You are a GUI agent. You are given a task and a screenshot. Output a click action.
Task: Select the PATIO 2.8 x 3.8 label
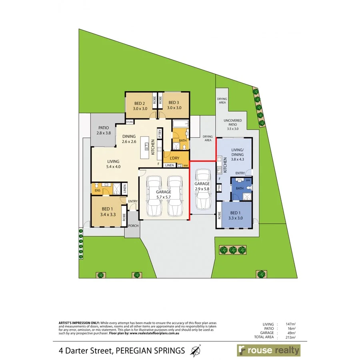[103, 130]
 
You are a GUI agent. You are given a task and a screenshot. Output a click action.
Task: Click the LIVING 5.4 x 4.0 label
[114, 164]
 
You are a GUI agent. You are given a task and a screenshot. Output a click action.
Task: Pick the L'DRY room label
[174, 158]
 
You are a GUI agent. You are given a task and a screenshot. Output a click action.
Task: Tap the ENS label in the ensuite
[96, 191]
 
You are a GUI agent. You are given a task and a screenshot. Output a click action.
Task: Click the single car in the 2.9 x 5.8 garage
[203, 189]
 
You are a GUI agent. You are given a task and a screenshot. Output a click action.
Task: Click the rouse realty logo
[268, 351]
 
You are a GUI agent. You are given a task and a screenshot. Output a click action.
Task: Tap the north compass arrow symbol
[196, 351]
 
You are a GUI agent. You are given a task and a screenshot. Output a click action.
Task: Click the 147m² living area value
[291, 324]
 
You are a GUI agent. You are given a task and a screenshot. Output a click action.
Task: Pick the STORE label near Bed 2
[130, 122]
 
